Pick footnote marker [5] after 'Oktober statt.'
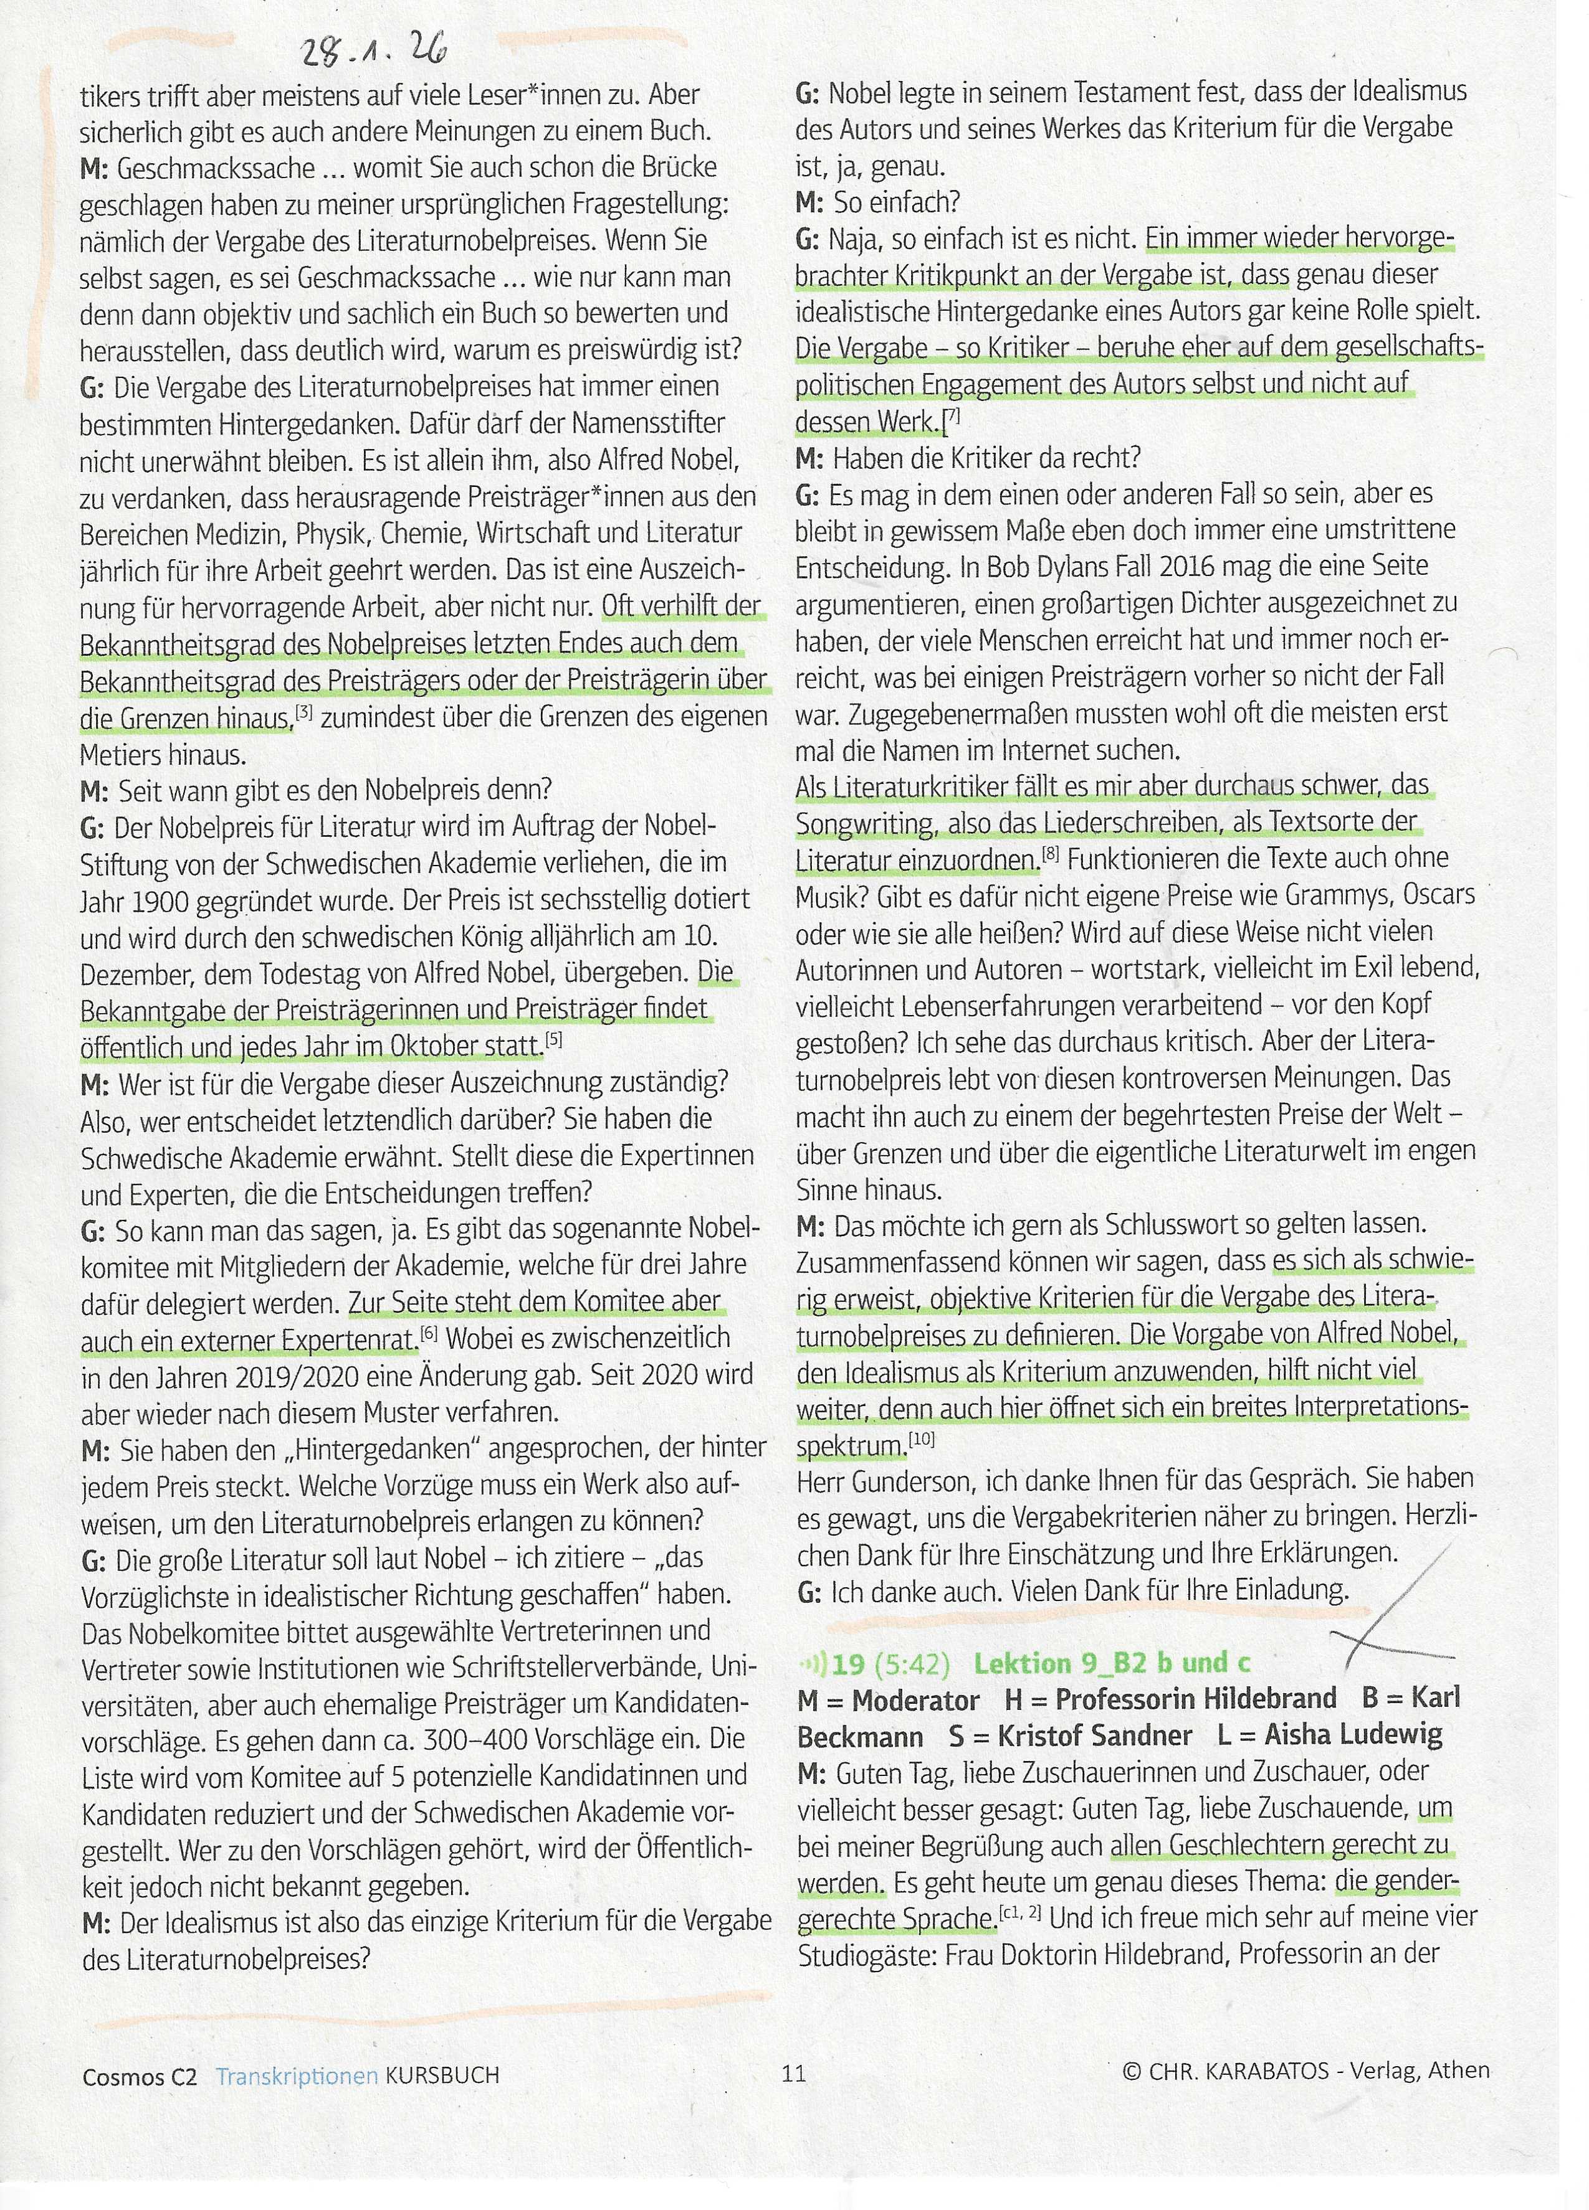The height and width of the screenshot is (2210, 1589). [x=554, y=1040]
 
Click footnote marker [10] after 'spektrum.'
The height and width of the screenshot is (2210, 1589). [x=921, y=1438]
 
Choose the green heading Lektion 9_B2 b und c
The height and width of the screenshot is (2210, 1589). [x=1111, y=1663]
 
